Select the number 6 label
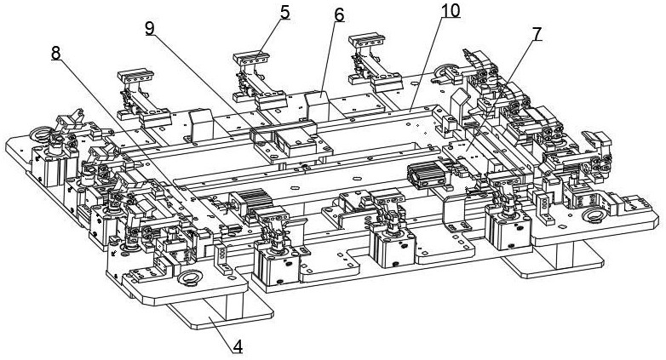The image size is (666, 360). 339,15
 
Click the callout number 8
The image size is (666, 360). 56,53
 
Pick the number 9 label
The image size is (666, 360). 150,27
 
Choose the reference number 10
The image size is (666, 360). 450,11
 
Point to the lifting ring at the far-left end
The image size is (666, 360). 39,133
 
